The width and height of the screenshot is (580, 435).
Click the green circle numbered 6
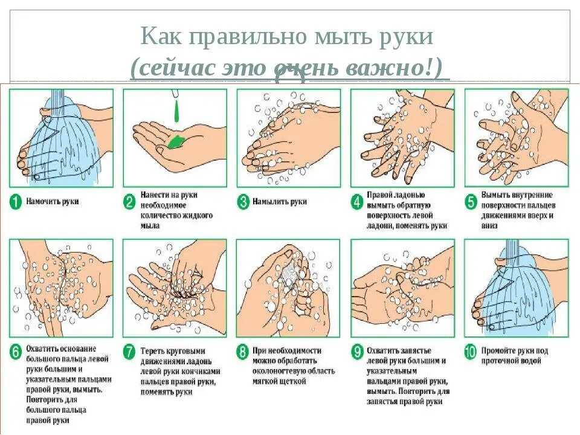pos(16,352)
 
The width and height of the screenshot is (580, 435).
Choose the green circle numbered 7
pos(129,352)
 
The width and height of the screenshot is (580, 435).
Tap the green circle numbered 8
pos(243,352)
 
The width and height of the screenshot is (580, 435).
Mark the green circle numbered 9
pos(357,352)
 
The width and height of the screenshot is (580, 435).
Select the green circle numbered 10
pos(471,352)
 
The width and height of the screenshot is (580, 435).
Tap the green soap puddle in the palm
pos(176,142)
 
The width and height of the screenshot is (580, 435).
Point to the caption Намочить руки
pos(53,202)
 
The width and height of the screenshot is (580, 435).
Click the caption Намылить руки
pos(280,202)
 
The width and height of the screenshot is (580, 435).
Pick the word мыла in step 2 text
pos(150,225)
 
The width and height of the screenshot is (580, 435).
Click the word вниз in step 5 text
pos(489,225)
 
